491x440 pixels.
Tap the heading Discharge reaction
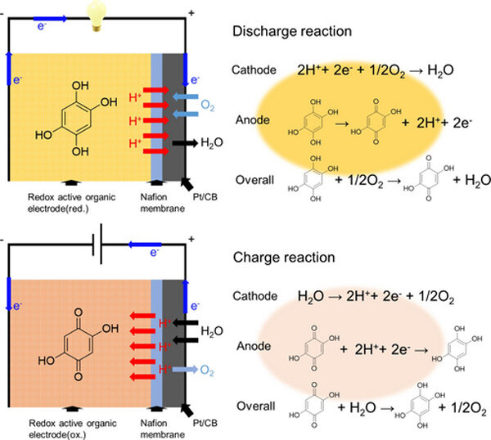[292, 32]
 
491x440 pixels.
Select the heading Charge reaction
[284, 257]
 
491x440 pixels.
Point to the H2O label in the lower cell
[212, 331]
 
